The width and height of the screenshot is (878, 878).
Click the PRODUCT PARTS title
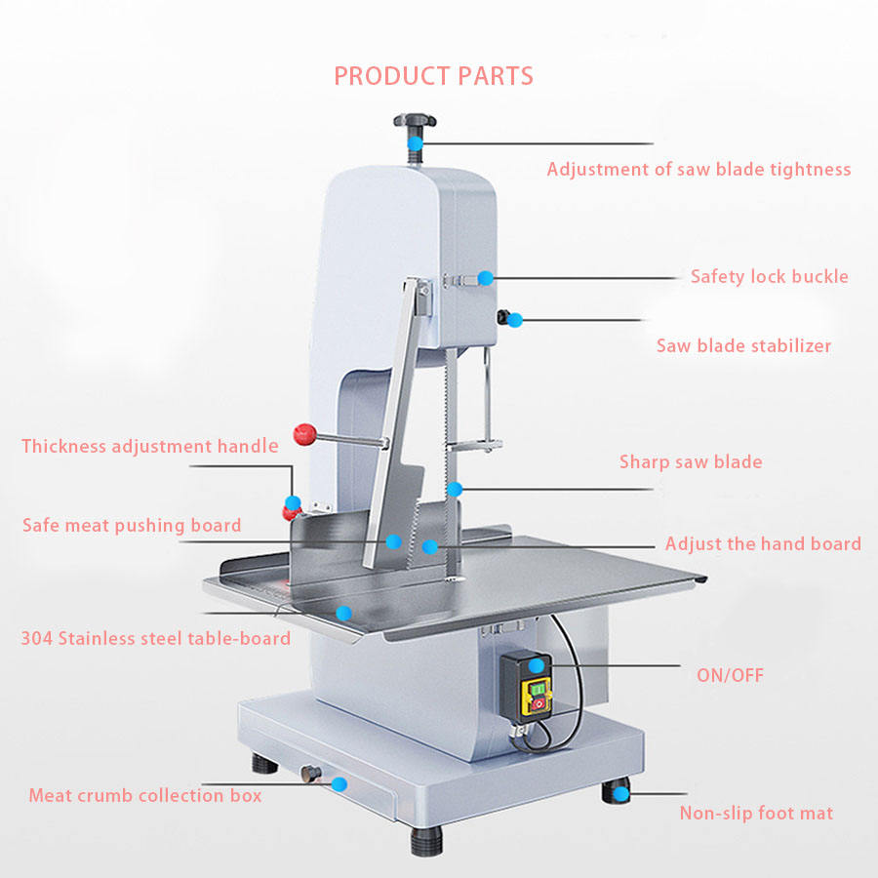coord(433,76)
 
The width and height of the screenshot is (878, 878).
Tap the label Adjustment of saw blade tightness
coord(698,170)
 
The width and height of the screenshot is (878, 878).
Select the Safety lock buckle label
coord(769,277)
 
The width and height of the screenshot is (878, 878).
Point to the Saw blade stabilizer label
coord(743,346)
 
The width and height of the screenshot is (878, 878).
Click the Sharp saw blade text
coord(691,462)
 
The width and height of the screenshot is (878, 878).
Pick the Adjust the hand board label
coord(763,544)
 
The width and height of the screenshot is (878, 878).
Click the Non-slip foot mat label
coord(756,813)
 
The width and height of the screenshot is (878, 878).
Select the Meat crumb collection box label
coord(145,795)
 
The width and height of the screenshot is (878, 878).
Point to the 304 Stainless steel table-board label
coord(156,639)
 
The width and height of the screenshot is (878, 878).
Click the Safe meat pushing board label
coord(132,526)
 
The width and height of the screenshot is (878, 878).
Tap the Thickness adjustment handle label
coord(150,447)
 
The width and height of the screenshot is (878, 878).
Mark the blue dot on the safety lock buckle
coord(485,278)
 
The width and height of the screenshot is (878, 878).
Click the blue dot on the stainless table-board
coord(342,613)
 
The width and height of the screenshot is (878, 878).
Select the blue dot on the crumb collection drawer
coord(339,782)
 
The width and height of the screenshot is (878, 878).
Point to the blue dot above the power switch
coord(537,665)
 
